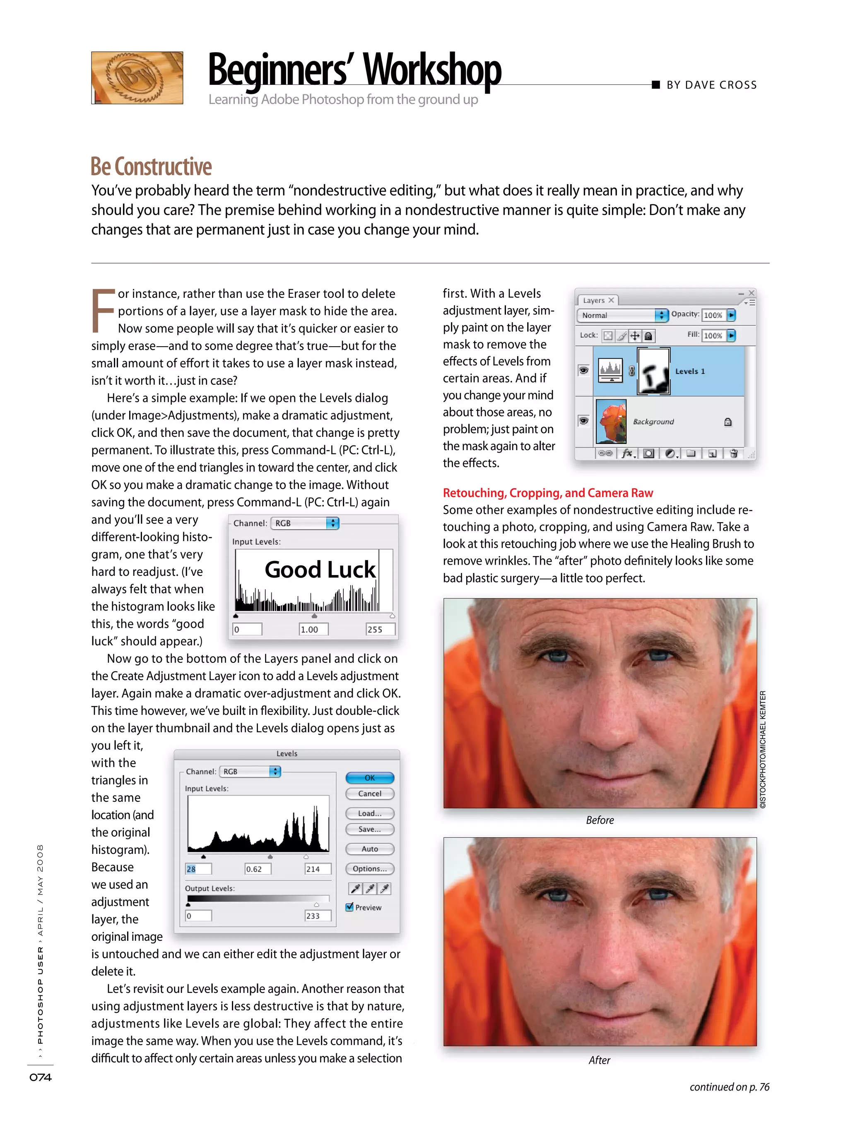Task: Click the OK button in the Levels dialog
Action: pyautogui.click(x=369, y=778)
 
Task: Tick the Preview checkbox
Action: pyautogui.click(x=350, y=907)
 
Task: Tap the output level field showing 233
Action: pyautogui.click(x=317, y=916)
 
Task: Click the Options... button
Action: pyautogui.click(x=369, y=868)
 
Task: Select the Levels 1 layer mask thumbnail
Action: pyautogui.click(x=653, y=371)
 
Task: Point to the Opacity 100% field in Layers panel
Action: pyautogui.click(x=713, y=315)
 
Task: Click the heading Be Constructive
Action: pyautogui.click(x=151, y=167)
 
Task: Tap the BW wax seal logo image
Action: pyautogui.click(x=137, y=78)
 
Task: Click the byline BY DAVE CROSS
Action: pyautogui.click(x=711, y=85)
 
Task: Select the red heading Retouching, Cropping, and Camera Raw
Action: pyautogui.click(x=547, y=493)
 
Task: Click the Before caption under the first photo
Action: pyautogui.click(x=600, y=820)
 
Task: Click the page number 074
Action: pyautogui.click(x=41, y=1077)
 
